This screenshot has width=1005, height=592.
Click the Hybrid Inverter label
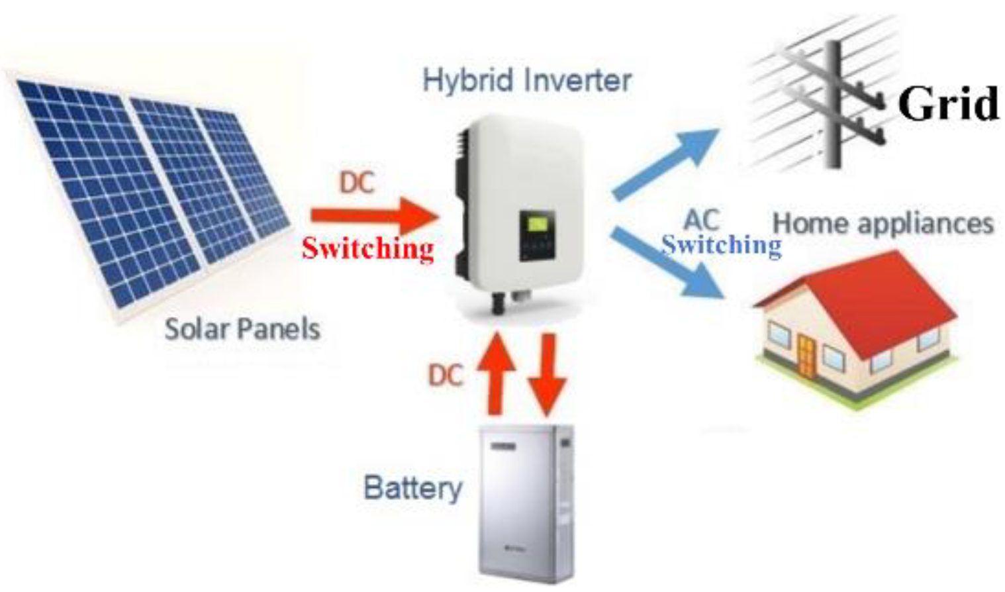click(527, 81)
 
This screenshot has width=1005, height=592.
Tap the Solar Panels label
click(242, 329)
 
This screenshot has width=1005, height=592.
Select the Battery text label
click(412, 489)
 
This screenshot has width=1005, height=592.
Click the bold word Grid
click(948, 103)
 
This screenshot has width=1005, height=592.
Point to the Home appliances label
click(883, 224)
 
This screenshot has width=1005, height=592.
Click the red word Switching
click(368, 248)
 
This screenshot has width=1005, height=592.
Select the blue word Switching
click(722, 246)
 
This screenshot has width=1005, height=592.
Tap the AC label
click(701, 220)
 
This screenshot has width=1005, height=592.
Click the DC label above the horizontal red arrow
click(357, 182)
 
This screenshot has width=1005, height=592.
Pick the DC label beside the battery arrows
click(445, 375)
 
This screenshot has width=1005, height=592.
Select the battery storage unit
click(526, 503)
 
